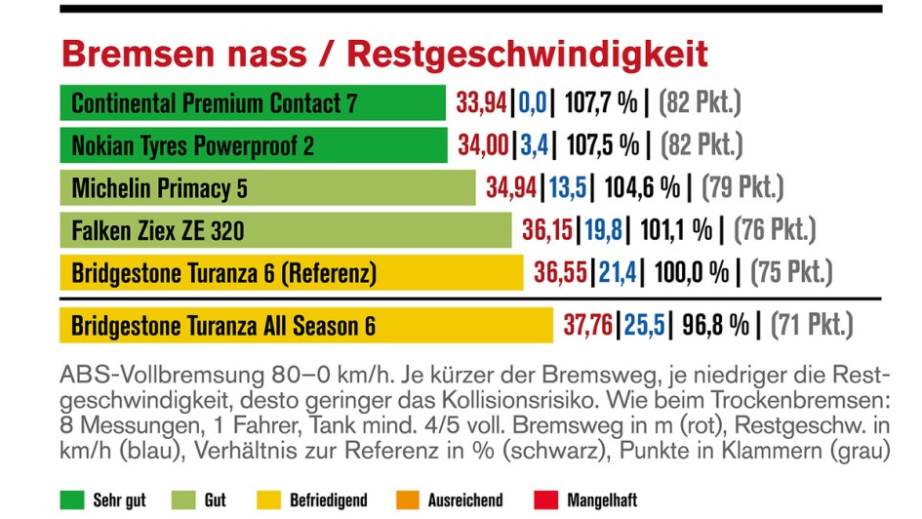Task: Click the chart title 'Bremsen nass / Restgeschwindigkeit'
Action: (x=384, y=55)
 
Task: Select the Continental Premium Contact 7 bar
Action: (x=253, y=103)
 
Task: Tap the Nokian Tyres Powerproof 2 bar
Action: (x=254, y=145)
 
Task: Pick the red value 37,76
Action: (x=587, y=324)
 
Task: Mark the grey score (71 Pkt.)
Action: (x=812, y=324)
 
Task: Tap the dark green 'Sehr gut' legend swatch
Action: (x=71, y=500)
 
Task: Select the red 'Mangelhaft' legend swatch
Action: (x=546, y=500)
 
